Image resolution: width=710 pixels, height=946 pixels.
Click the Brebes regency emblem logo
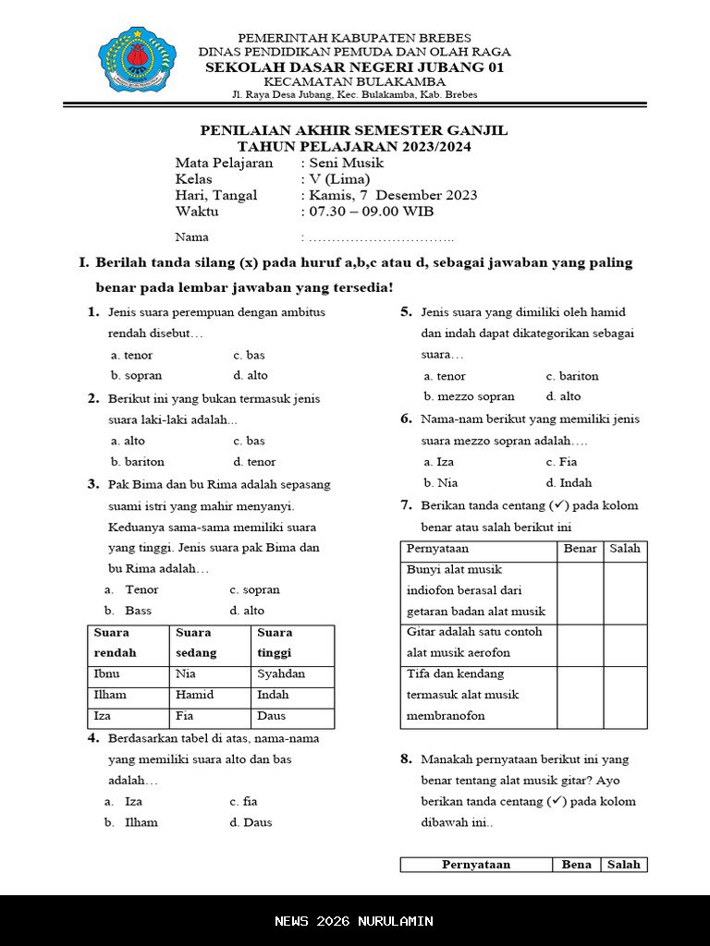(137, 64)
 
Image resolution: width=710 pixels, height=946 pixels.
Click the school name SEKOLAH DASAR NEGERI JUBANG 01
(355, 67)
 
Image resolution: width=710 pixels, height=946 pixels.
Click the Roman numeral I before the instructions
(83, 263)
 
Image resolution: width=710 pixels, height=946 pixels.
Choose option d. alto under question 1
(251, 376)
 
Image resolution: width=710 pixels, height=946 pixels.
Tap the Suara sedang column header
(196, 643)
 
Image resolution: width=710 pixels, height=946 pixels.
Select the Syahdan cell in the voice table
(281, 674)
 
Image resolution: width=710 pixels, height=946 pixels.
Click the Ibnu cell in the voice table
(107, 674)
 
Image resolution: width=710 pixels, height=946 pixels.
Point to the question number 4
(93, 738)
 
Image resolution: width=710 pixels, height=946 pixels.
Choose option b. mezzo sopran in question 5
(470, 396)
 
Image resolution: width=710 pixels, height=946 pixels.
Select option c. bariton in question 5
(572, 376)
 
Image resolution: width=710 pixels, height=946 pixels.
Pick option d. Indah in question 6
(569, 482)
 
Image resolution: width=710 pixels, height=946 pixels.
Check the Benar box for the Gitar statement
(581, 645)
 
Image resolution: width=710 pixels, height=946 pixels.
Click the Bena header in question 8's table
(577, 865)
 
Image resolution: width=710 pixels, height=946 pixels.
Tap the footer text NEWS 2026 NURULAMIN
(354, 921)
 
